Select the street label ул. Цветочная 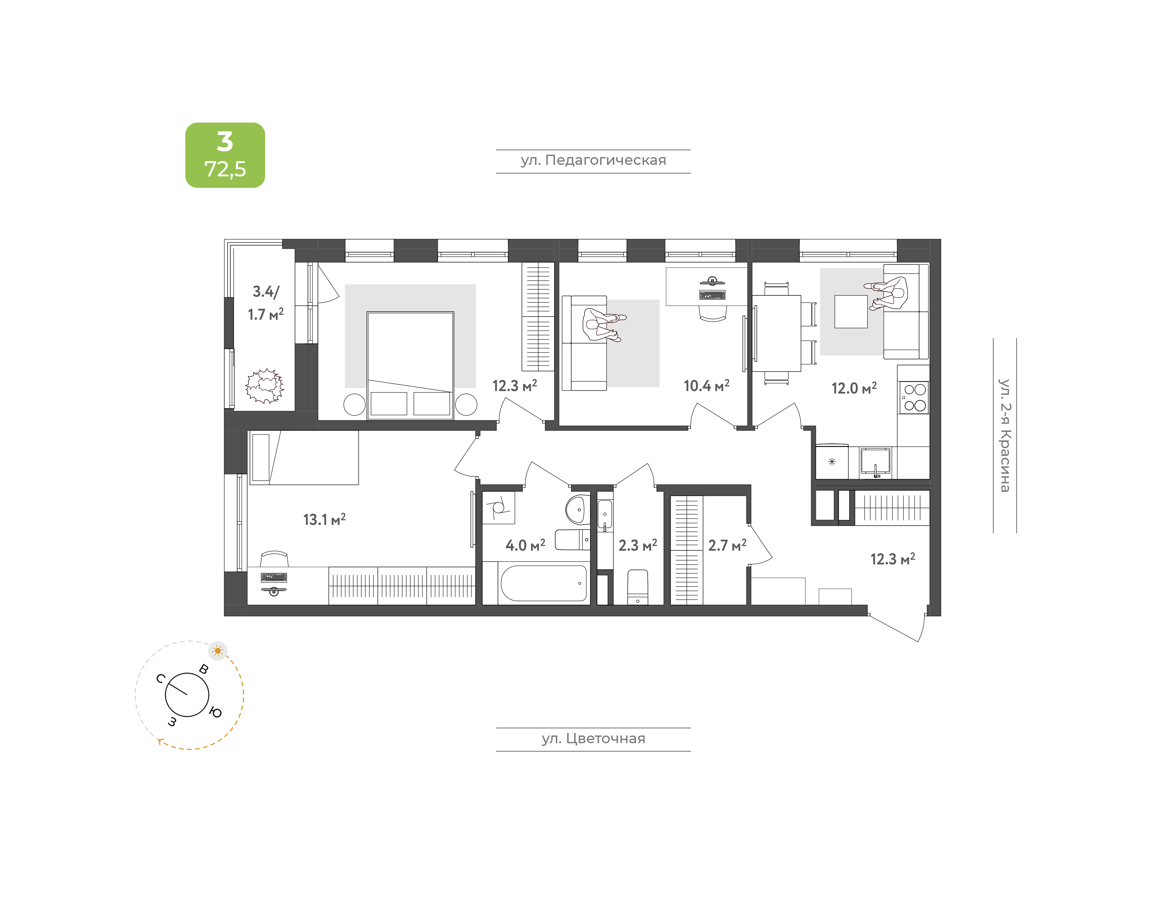[593, 739]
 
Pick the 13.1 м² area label [324, 519]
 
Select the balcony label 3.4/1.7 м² [266, 302]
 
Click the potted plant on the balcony [265, 386]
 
